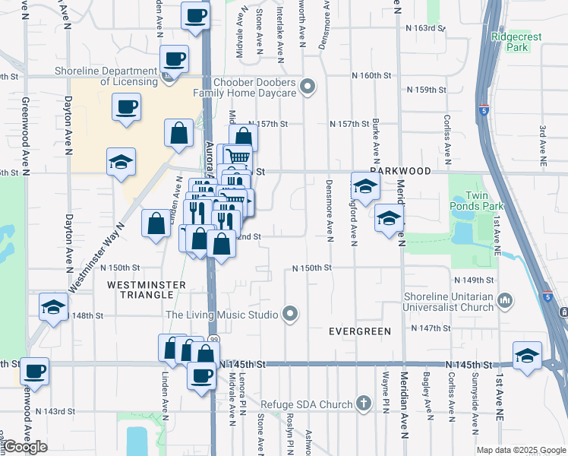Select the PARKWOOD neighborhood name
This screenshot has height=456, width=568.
click(400, 171)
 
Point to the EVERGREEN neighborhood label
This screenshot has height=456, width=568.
click(359, 331)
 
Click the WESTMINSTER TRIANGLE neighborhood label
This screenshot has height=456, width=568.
click(147, 290)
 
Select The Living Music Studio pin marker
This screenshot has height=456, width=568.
click(289, 314)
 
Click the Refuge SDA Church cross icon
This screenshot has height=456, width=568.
click(364, 404)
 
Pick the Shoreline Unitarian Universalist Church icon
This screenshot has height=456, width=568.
click(505, 302)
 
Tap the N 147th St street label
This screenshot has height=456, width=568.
click(431, 328)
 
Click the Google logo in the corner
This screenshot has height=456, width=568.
click(25, 447)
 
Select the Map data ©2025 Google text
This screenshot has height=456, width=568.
click(521, 450)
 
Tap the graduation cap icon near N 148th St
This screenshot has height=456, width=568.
click(54, 306)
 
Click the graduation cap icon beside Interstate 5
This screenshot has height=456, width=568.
click(528, 355)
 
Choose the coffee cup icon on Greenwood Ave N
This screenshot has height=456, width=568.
click(34, 371)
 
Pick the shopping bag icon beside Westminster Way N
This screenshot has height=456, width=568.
click(156, 223)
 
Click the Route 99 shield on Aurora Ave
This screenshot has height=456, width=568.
click(213, 339)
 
